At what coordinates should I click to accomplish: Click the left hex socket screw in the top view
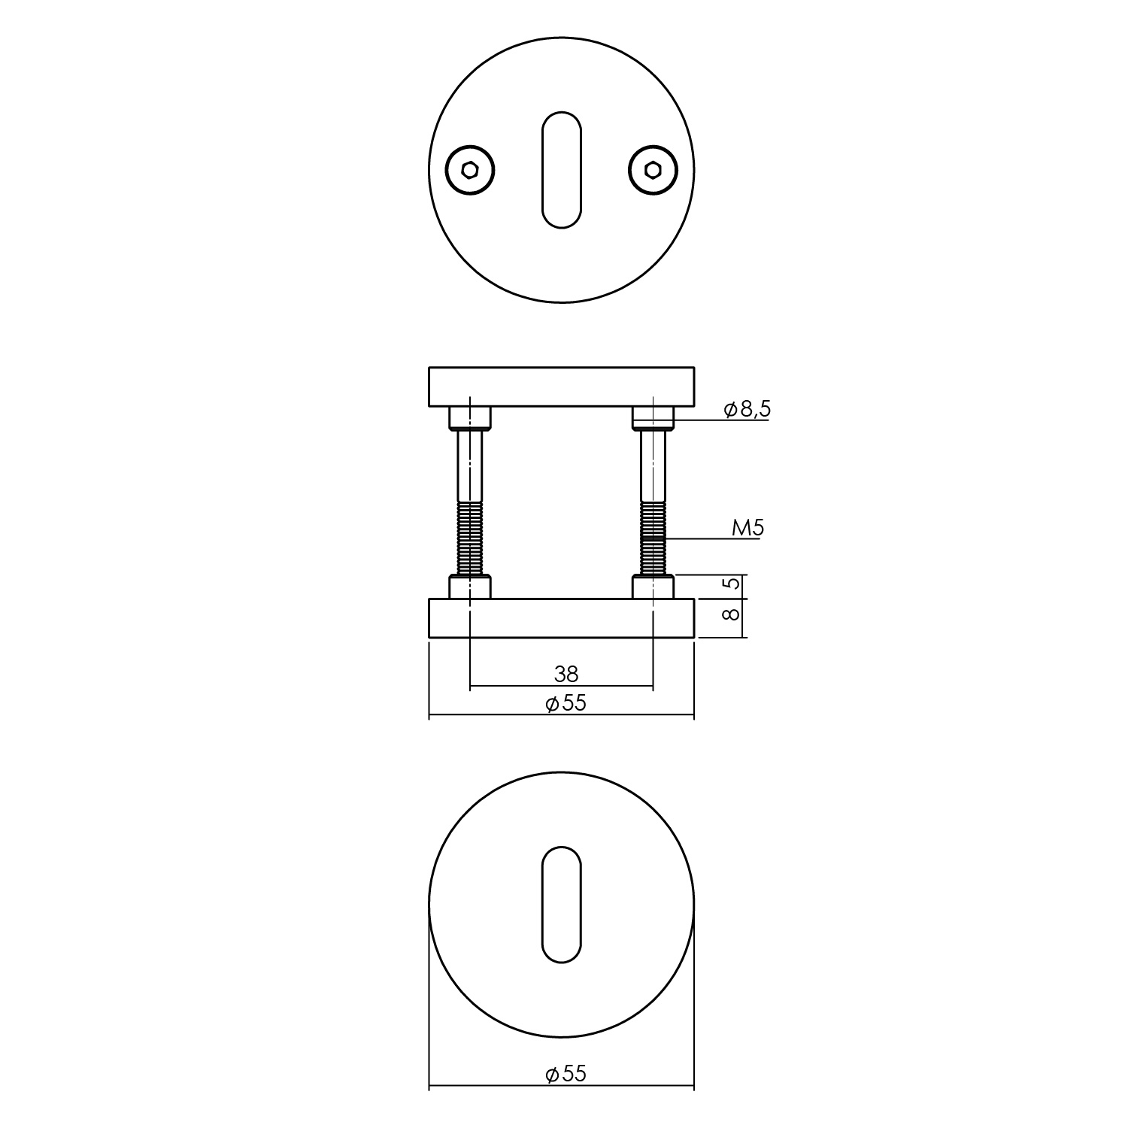click(x=470, y=171)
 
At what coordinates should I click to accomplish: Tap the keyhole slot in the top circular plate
click(x=562, y=169)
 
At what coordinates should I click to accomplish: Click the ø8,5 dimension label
click(x=747, y=410)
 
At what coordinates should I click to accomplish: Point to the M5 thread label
click(x=747, y=529)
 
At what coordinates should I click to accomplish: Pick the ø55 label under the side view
click(x=566, y=704)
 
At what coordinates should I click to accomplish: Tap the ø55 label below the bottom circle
click(x=566, y=1074)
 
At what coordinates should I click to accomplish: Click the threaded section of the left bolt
click(x=470, y=540)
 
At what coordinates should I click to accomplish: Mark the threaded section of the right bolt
click(x=653, y=540)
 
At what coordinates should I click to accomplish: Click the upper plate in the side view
click(x=561, y=387)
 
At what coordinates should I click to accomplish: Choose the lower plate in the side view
click(x=561, y=618)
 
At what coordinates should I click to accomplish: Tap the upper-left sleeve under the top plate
click(x=470, y=417)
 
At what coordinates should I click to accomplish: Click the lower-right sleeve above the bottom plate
click(x=653, y=587)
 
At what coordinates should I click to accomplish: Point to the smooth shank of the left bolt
click(x=470, y=466)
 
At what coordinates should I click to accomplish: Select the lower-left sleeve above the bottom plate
click(x=470, y=587)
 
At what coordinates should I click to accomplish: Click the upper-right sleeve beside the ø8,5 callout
click(x=653, y=417)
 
